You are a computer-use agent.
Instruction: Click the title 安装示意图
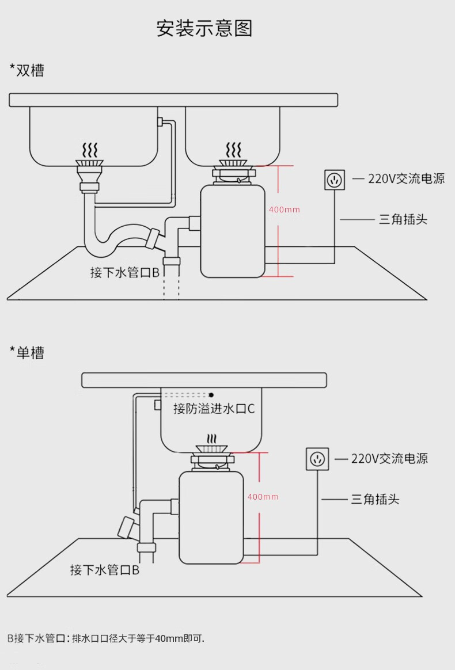[204, 28]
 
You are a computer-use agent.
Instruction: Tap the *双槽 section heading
[26, 70]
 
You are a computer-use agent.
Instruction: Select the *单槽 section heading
[26, 352]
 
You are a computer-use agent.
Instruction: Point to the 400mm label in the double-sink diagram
[285, 210]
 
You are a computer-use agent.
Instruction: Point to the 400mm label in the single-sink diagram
[263, 497]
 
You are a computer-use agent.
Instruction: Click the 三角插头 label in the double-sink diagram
[403, 219]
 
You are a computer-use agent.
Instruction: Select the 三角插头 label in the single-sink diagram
[375, 499]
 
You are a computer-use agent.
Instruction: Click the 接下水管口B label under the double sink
[125, 272]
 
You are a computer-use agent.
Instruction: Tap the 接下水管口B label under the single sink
[105, 570]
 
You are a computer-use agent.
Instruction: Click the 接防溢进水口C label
[214, 409]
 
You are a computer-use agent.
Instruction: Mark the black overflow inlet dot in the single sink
[211, 395]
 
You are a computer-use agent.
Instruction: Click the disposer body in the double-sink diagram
[233, 230]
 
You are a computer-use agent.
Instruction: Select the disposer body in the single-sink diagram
[211, 516]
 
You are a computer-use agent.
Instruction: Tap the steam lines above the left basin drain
[90, 151]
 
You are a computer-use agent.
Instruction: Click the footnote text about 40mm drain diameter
[106, 638]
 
